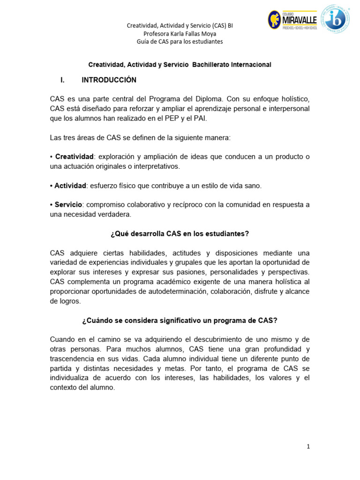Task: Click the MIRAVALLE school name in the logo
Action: (300, 20)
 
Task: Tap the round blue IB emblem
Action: (335, 19)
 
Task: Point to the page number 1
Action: (308, 447)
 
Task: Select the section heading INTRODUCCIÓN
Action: (109, 80)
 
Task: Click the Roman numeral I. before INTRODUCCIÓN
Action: (62, 80)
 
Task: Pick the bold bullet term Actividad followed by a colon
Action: (70, 186)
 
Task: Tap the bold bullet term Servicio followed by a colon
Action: (68, 205)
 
